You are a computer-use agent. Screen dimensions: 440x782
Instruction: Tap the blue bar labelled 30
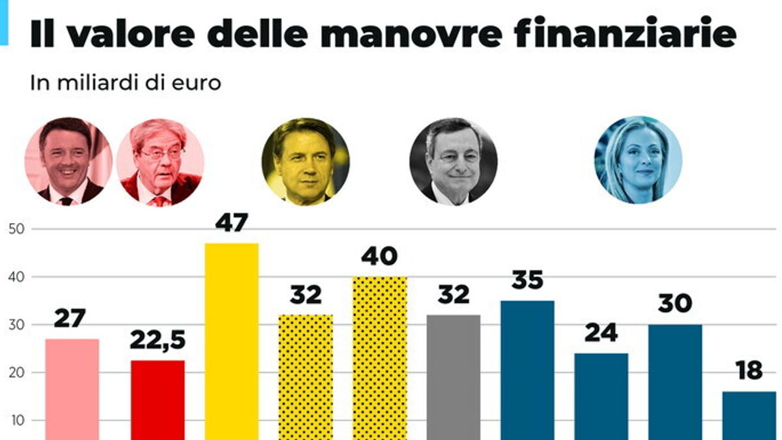(675, 382)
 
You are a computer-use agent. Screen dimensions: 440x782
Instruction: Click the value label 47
(231, 224)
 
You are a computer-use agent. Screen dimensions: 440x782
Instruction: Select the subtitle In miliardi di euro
(126, 83)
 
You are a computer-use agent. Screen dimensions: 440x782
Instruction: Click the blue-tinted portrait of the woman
(638, 160)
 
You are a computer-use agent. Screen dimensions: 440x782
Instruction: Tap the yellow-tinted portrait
(306, 162)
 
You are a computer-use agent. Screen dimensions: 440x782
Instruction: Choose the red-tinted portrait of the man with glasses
(160, 162)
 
